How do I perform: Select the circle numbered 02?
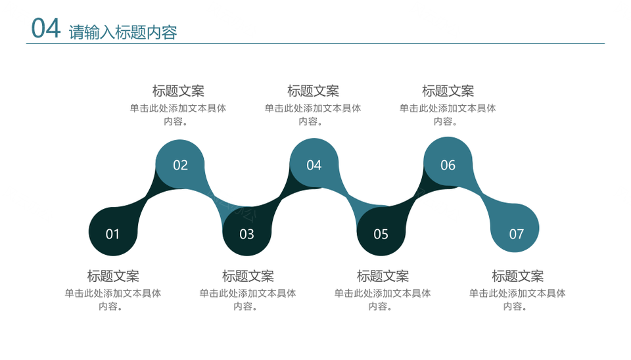[x=180, y=164]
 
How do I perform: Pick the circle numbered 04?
[x=314, y=163]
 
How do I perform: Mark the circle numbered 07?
[x=515, y=228]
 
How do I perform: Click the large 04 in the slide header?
[x=46, y=28]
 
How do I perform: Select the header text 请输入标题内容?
[x=123, y=32]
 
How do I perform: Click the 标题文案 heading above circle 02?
[x=178, y=91]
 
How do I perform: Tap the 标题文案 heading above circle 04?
[x=313, y=91]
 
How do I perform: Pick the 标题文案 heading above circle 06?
[x=448, y=91]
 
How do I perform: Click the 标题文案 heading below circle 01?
[x=113, y=276]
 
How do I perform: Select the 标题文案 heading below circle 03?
[x=248, y=276]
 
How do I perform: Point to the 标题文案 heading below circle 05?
[x=383, y=276]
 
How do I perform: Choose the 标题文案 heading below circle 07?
[x=517, y=276]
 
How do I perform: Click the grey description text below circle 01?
[x=112, y=300]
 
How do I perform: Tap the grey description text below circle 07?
[x=517, y=300]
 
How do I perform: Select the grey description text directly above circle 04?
[x=313, y=115]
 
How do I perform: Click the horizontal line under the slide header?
[x=315, y=43]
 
